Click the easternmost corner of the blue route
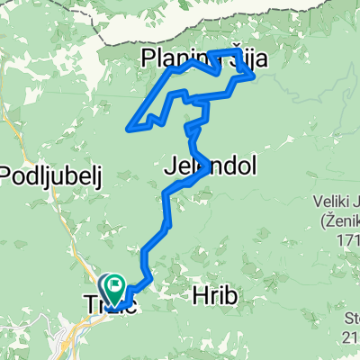254,77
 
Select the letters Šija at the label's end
230,60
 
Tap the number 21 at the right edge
351,336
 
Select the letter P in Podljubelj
9,176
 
